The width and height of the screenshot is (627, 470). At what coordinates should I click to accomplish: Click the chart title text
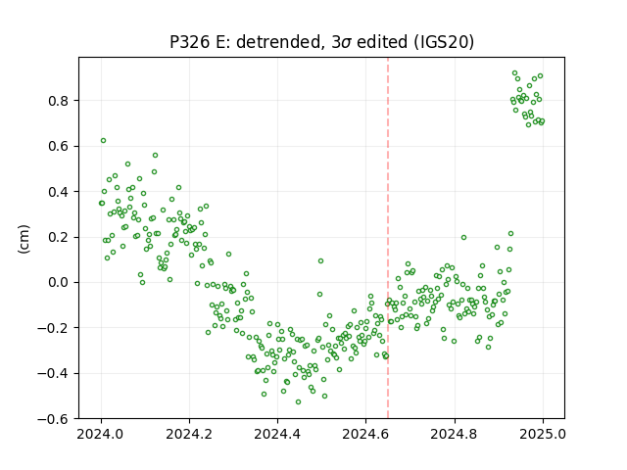pos(322,42)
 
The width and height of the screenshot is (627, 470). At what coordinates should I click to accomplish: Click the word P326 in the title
pos(190,42)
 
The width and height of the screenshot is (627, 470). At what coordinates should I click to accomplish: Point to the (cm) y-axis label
pos(24,239)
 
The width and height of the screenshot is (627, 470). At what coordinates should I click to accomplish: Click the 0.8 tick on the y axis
pos(59,101)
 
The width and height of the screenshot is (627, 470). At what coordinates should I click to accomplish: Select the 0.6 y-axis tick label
pos(59,147)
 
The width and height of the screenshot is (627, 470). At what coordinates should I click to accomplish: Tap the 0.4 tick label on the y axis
pos(59,192)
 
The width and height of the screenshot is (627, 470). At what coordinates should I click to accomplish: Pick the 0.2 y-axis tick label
pos(59,237)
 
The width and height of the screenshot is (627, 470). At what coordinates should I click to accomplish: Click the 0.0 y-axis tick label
pos(59,283)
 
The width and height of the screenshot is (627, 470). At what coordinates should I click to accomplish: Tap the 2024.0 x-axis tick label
pos(101,434)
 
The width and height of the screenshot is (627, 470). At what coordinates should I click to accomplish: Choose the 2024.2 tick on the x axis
pos(189,434)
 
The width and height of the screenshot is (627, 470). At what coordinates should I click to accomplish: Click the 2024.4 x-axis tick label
pos(277,434)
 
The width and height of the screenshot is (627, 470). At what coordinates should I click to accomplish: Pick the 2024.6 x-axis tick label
pos(365,434)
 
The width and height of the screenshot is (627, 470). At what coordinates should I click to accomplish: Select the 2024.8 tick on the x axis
pos(455,434)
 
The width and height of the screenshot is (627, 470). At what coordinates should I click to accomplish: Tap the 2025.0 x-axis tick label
pos(543,434)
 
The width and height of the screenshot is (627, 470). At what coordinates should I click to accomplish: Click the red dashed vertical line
pos(388,238)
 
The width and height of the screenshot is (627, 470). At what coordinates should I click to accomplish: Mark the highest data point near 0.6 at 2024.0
pos(103,141)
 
